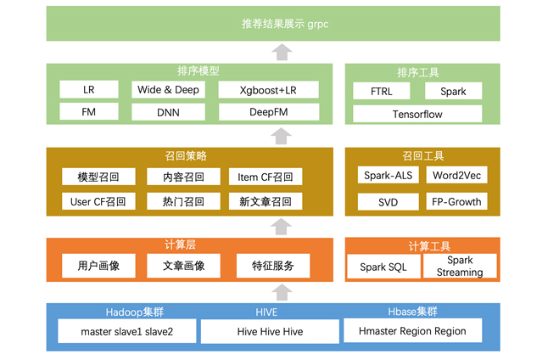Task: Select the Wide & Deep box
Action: (168, 90)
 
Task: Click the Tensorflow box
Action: (417, 114)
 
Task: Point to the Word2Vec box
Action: (457, 177)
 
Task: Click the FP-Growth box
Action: (457, 202)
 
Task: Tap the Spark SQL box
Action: (384, 267)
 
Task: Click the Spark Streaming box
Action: (460, 266)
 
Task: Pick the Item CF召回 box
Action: (266, 177)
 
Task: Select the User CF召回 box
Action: (98, 202)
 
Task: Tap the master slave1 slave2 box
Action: (127, 331)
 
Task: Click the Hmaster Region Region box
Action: (412, 331)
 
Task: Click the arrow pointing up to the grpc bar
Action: (283, 52)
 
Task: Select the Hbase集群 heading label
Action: (413, 312)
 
